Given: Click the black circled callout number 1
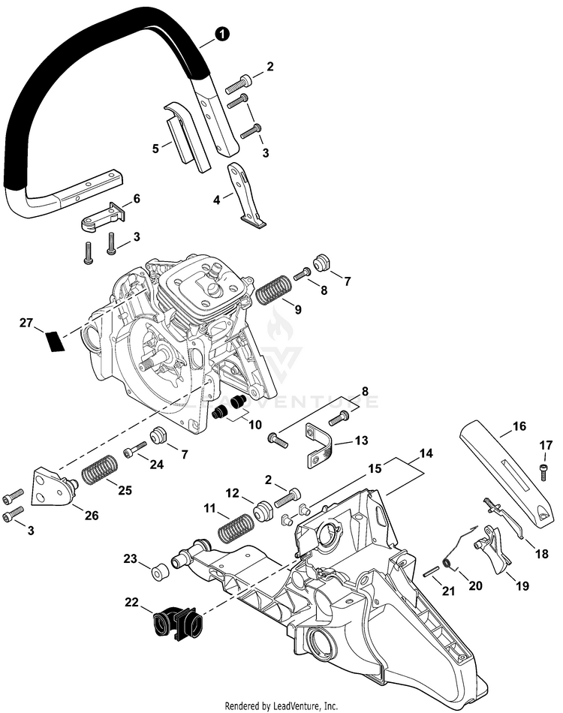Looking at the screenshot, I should point(221,34).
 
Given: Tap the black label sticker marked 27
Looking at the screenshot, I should point(56,340).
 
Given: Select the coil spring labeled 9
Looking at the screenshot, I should point(275,290).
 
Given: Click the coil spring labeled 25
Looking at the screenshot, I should point(100,474).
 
